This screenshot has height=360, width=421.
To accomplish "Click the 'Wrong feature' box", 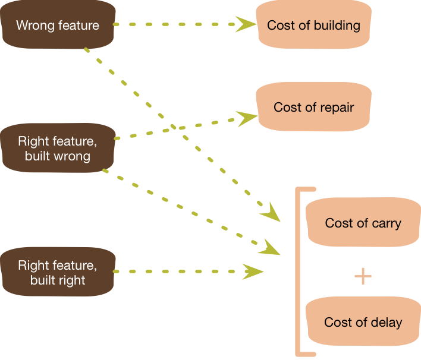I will click(x=58, y=25).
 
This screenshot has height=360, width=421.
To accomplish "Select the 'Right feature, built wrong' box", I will click(x=58, y=149).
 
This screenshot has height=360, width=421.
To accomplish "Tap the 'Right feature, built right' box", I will click(x=58, y=271).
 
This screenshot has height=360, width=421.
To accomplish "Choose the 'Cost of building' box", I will click(x=313, y=25).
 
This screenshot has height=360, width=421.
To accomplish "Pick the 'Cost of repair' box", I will click(x=313, y=107).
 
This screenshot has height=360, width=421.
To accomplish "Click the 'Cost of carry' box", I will click(x=363, y=223).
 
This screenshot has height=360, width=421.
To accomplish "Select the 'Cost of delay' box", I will click(x=363, y=323).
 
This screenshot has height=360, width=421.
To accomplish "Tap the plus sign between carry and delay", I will click(x=363, y=276).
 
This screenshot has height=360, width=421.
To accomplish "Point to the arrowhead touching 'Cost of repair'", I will click(x=245, y=116).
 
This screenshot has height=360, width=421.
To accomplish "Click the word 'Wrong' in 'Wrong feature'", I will click(x=34, y=26).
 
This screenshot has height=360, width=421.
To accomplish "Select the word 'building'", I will click(x=338, y=26).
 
